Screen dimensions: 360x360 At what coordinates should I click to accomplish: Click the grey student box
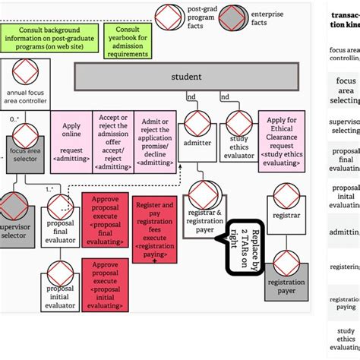(x=186, y=77)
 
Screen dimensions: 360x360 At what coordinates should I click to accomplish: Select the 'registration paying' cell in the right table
(x=345, y=303)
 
